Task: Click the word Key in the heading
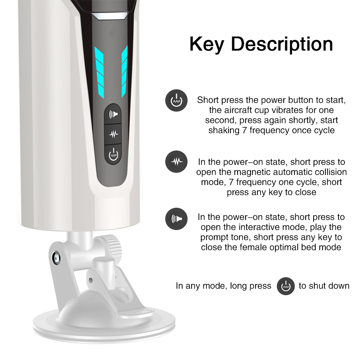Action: tap(206, 45)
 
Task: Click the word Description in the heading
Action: tap(282, 45)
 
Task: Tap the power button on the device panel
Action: tap(113, 154)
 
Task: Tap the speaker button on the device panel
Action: tap(113, 114)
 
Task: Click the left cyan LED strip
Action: tap(99, 72)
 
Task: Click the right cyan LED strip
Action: tap(124, 71)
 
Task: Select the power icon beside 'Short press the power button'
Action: tap(176, 100)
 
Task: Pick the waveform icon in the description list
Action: tap(176, 162)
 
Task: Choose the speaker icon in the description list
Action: tap(176, 219)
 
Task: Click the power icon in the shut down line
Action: tap(285, 286)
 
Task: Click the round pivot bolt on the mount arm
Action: tap(56, 256)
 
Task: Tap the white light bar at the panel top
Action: tap(109, 16)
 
